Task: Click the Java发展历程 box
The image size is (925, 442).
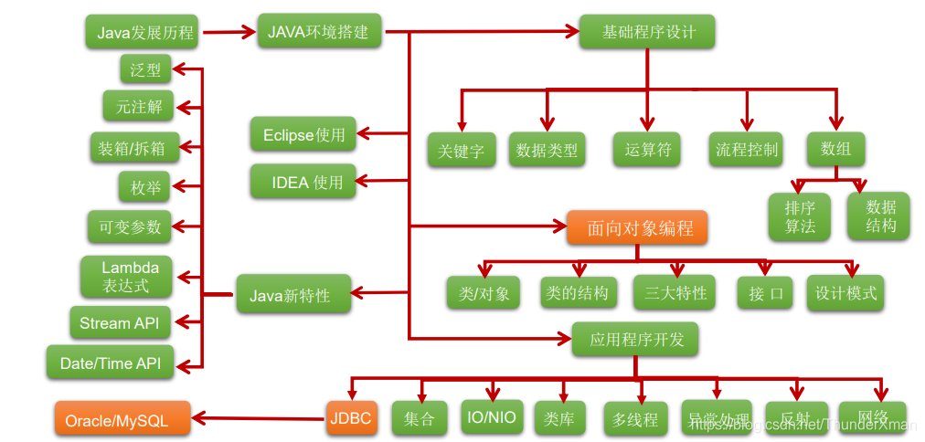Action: [145, 33]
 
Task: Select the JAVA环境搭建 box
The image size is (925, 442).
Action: [318, 31]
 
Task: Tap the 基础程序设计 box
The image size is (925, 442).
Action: [648, 32]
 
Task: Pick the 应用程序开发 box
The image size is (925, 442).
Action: [636, 341]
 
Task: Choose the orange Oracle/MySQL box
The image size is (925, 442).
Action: [122, 420]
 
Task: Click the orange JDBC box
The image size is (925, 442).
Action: [351, 419]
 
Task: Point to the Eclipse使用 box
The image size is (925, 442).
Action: [303, 135]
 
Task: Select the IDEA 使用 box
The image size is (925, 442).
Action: [303, 182]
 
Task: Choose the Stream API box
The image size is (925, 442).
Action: [120, 322]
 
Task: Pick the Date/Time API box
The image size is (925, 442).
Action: [110, 363]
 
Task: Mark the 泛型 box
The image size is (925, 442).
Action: [145, 69]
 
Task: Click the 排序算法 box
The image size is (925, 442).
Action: [800, 216]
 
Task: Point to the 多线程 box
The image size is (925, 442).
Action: [635, 420]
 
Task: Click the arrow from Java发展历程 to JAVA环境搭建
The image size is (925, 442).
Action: [229, 33]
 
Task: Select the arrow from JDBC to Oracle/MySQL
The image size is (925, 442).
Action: [260, 420]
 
